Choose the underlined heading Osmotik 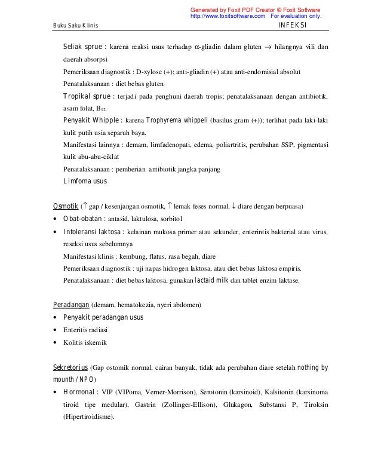[x=66, y=207]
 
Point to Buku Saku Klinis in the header [x=76, y=26]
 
